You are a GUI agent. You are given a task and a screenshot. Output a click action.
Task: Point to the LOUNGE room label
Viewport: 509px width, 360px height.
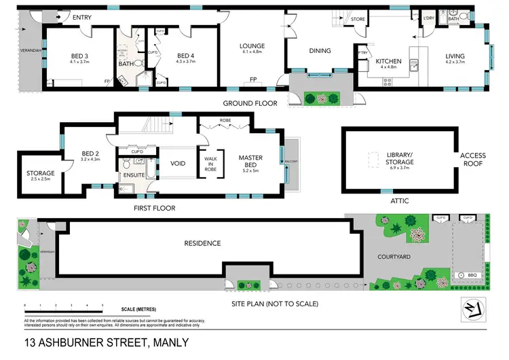pos(252,46)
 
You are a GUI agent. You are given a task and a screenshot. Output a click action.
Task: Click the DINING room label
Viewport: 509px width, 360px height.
pos(320,50)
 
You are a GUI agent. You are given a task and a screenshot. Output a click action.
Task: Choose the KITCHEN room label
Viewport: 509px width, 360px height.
pos(389,61)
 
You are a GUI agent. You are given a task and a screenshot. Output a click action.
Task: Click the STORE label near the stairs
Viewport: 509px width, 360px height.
pos(358,20)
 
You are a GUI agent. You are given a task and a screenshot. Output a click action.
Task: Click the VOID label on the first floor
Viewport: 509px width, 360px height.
pos(178,164)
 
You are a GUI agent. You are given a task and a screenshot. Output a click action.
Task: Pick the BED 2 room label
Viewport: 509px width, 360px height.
pos(90,155)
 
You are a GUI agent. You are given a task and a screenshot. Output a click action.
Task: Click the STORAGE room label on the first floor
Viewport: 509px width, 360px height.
pos(40,173)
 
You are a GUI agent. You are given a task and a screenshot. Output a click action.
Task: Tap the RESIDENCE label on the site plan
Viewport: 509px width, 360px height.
pos(202,242)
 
